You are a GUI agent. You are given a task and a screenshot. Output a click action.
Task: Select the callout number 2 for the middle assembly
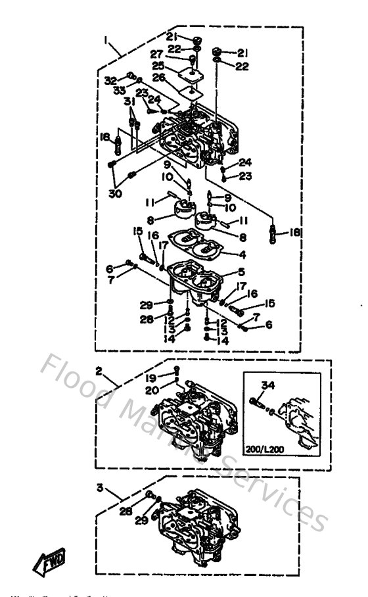coord(98,371)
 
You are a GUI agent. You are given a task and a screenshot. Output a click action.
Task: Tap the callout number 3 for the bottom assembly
coord(98,489)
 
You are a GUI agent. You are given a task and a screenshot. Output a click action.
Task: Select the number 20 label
coord(152,391)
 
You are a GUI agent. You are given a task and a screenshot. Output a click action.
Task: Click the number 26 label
coord(158,78)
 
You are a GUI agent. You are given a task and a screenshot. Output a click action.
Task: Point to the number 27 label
coord(157,53)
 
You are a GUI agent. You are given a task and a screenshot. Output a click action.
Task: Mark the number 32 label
coord(110,80)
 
